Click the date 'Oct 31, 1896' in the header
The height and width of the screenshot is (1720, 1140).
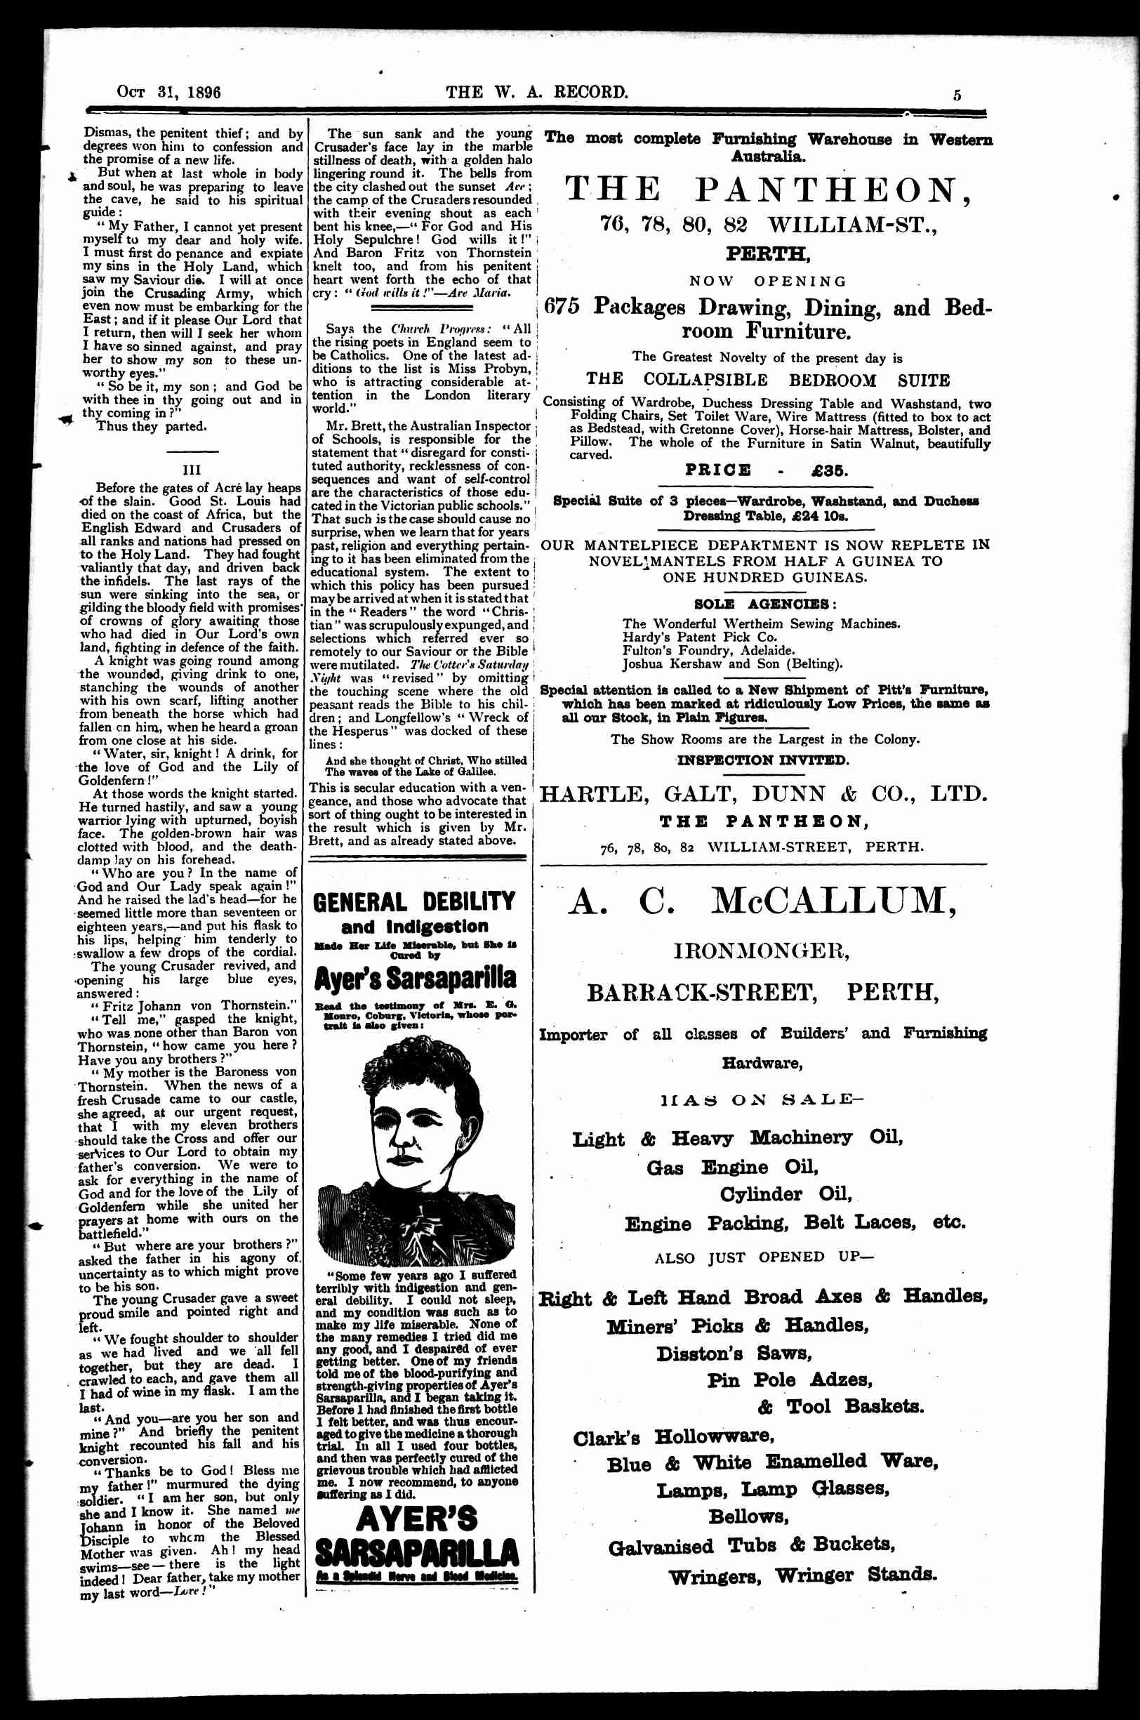168,93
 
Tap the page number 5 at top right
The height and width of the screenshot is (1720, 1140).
957,95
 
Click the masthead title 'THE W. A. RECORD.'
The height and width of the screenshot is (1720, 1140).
537,93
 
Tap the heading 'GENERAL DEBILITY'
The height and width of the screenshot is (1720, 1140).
413,903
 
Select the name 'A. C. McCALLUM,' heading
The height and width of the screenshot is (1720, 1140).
761,902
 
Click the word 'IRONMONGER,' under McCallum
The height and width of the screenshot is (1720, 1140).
762,950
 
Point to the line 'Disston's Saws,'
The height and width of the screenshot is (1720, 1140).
734,1354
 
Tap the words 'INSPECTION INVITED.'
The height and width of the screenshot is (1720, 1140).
762,760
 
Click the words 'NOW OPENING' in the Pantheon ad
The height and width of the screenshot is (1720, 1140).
769,282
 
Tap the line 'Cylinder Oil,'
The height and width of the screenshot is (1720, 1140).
786,1194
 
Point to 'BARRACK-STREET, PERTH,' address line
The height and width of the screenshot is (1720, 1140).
762,992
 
